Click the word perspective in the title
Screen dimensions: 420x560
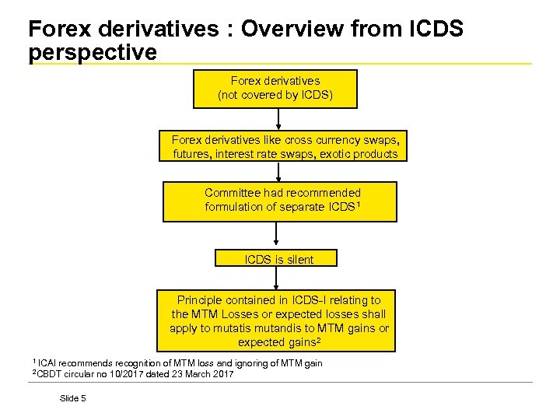pyautogui.click(x=92, y=53)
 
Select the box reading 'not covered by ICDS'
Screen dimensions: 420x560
pyautogui.click(x=275, y=89)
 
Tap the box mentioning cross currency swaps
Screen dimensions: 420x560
pyautogui.click(x=285, y=147)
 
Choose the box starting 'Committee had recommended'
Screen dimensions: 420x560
pyautogui.click(x=279, y=201)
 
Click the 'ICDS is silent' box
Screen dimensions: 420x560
pyautogui.click(x=276, y=259)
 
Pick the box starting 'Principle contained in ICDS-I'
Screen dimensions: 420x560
pyautogui.click(x=279, y=320)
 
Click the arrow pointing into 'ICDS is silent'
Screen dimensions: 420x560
pyautogui.click(x=277, y=236)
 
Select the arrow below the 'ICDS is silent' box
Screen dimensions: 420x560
pyautogui.click(x=277, y=278)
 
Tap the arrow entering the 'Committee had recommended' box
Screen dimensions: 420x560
pyautogui.click(x=278, y=172)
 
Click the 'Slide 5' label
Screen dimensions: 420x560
pyautogui.click(x=73, y=398)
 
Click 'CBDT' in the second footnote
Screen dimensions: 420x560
pyautogui.click(x=51, y=375)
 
